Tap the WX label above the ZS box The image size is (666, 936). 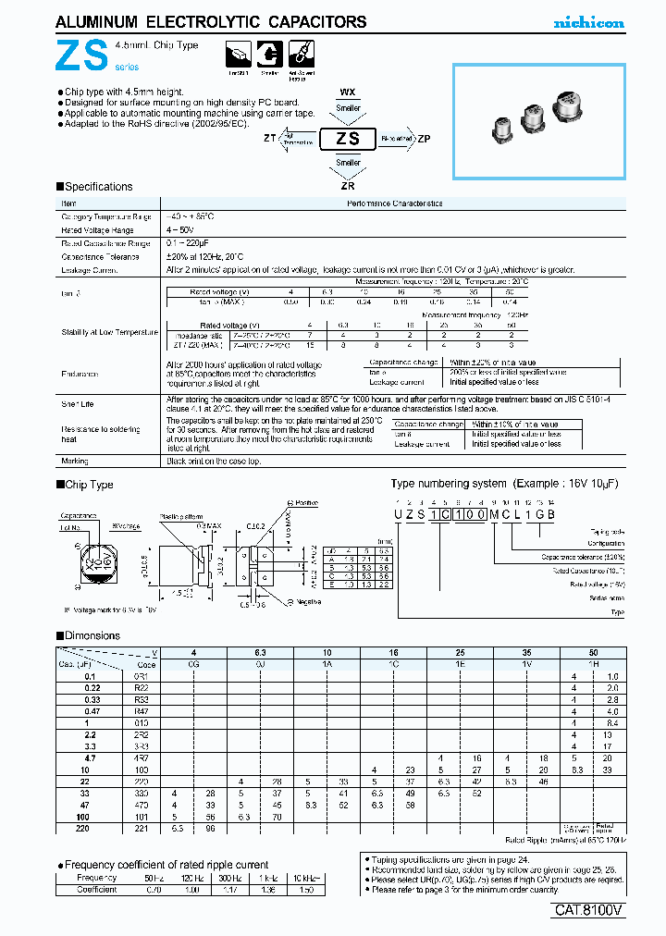[x=348, y=92]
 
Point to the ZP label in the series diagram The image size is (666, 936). [x=424, y=139]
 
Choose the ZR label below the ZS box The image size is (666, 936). [x=348, y=184]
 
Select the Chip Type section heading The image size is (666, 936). [x=89, y=484]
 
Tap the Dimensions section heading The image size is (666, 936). [x=92, y=635]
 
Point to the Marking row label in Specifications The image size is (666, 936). [x=75, y=460]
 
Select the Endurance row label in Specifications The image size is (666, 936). [x=80, y=374]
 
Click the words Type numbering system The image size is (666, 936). [x=449, y=484]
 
